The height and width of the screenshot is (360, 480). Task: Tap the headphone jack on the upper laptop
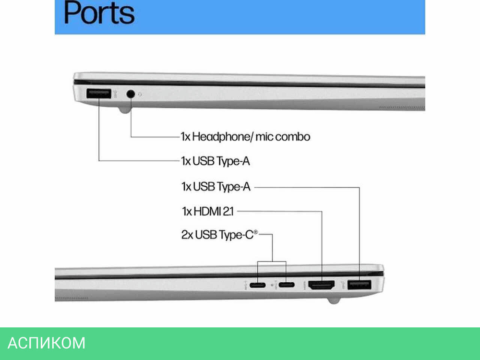point(131,94)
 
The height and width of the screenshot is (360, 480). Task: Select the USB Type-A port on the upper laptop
point(99,94)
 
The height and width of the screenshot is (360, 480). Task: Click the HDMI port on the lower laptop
point(321,286)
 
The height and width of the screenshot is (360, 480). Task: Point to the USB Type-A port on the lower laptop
point(360,286)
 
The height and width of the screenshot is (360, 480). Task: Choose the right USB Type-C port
point(287,286)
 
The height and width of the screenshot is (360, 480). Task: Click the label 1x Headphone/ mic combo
point(245,137)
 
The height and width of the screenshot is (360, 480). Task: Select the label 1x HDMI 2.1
point(207,210)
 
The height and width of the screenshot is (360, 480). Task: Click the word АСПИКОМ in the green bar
point(47,343)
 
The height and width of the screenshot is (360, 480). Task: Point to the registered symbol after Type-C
point(256,232)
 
